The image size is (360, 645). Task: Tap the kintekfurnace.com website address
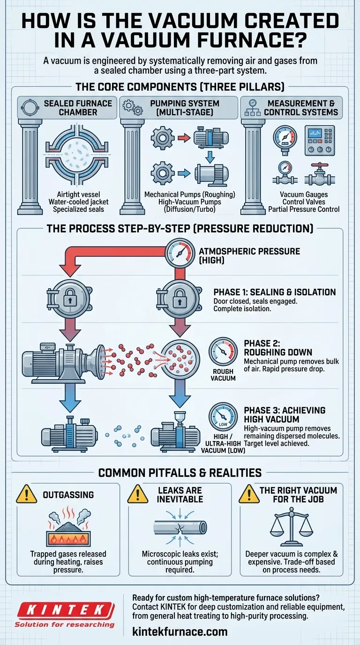[180, 631]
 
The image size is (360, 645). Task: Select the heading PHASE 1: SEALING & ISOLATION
[275, 292]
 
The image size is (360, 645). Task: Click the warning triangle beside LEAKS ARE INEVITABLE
[138, 495]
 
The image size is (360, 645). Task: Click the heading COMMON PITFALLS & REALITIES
[180, 472]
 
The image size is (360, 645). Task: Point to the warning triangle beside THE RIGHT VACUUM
[249, 495]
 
